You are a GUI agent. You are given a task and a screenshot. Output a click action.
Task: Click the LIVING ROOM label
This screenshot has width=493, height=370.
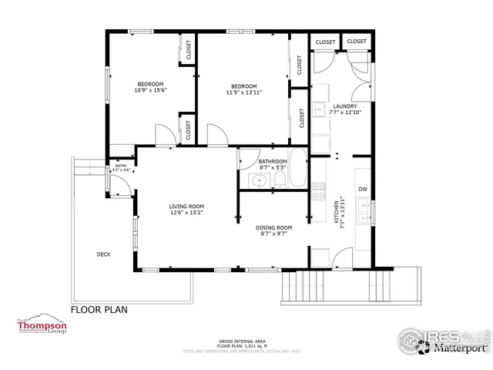click(186, 207)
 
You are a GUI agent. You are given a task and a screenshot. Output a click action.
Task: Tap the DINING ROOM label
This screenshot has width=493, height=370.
click(273, 227)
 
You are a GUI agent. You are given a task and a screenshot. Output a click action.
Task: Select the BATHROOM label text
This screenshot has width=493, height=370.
click(273, 161)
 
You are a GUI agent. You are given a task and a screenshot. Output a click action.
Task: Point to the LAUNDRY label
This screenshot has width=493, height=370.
click(344, 106)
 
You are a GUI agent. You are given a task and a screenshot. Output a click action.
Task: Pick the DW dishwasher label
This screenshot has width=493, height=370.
click(362, 189)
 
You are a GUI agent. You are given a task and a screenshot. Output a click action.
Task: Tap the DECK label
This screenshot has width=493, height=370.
click(103, 254)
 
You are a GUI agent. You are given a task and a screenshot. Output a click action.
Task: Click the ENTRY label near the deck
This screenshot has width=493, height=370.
click(121, 166)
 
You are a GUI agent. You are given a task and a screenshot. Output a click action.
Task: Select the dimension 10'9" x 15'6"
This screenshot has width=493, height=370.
click(150, 90)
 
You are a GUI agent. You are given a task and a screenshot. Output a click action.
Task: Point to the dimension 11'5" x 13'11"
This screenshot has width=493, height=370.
click(244, 92)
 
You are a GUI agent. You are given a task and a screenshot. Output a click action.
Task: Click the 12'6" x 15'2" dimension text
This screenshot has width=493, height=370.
click(186, 214)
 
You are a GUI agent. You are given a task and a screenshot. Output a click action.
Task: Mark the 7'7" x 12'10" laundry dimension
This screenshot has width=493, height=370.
click(344, 113)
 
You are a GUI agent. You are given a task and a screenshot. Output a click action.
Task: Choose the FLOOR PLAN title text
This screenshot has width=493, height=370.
click(99, 310)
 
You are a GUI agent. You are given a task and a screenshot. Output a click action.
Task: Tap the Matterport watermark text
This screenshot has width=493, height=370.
click(458, 348)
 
